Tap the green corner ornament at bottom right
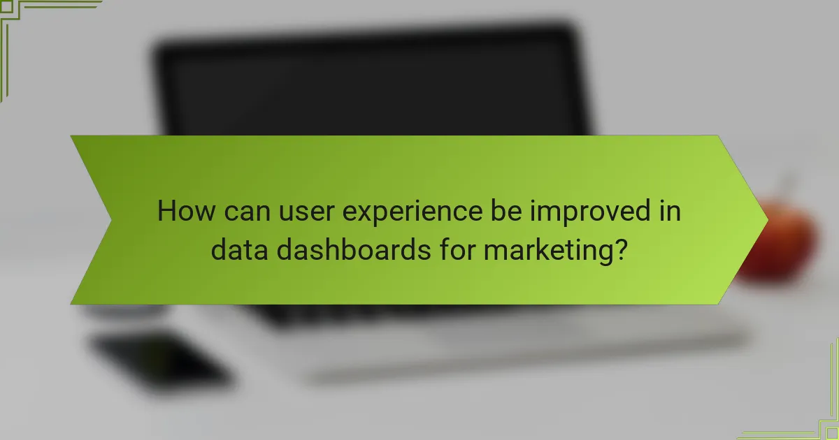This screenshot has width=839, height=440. tap(818, 419)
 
